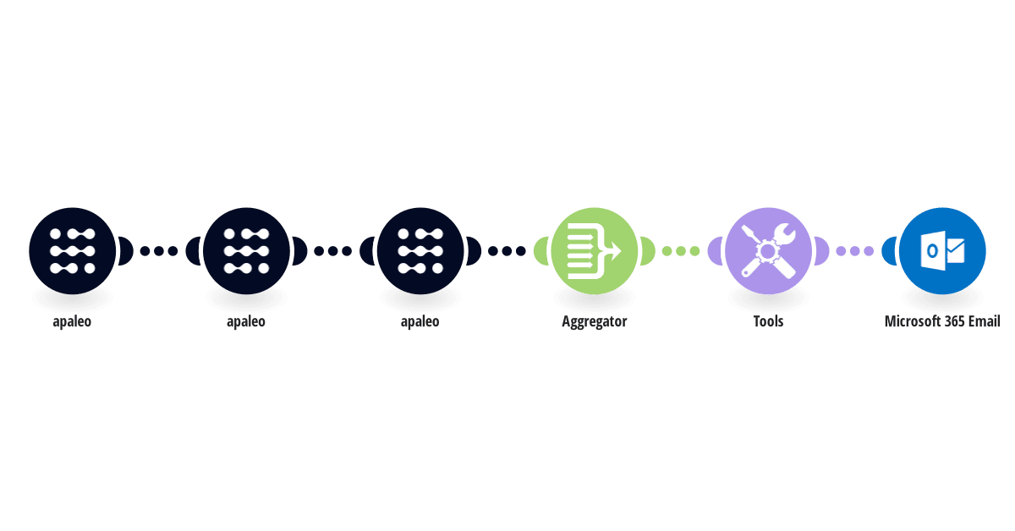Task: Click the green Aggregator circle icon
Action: (594, 250)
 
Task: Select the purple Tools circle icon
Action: (768, 250)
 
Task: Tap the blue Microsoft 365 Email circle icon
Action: (942, 250)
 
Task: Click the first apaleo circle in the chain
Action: (72, 250)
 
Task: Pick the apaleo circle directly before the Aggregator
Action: (420, 250)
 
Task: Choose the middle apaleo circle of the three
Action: (246, 250)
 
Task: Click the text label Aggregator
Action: (594, 321)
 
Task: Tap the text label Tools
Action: (768, 321)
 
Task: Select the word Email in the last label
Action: (985, 321)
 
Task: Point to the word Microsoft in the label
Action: (909, 321)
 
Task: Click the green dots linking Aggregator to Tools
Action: (681, 250)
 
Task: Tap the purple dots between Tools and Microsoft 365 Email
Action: (854, 250)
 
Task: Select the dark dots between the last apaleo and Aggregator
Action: (507, 250)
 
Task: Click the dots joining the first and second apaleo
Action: (159, 250)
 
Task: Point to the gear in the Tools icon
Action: (768, 251)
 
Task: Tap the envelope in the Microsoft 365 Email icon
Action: (955, 250)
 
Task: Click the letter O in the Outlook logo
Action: (932, 250)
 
